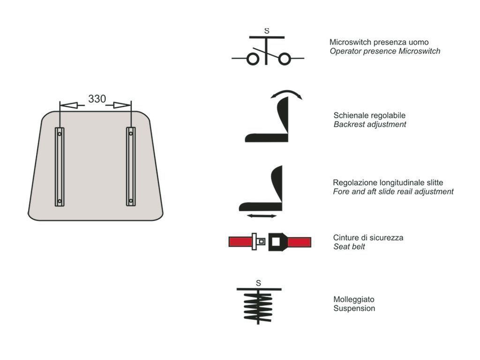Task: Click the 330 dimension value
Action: (x=97, y=99)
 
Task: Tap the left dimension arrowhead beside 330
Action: (x=68, y=105)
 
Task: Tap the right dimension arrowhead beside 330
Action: (x=122, y=105)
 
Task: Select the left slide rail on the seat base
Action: (x=60, y=167)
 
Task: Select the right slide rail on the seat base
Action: (x=131, y=166)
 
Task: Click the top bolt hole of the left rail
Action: (x=60, y=134)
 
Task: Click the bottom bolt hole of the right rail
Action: (x=131, y=201)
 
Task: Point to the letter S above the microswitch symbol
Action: (x=267, y=31)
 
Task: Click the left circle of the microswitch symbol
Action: (x=253, y=59)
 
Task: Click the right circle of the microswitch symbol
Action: (x=285, y=59)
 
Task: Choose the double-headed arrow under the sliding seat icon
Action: (x=262, y=216)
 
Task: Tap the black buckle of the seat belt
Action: (x=278, y=242)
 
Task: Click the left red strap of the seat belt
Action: (x=240, y=242)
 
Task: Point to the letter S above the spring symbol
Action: (x=258, y=283)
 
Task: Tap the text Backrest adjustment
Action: (x=370, y=124)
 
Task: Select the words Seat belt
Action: (x=349, y=247)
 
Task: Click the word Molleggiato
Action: (x=354, y=300)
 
